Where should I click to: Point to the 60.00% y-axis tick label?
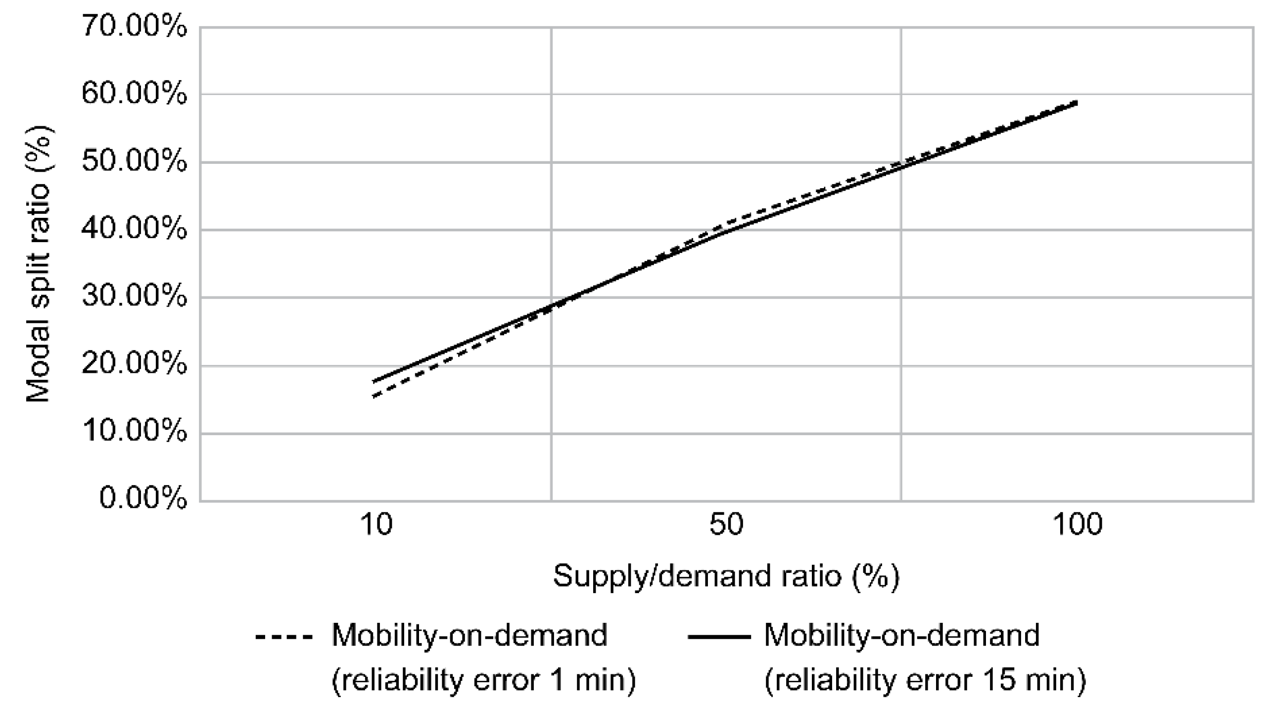134,94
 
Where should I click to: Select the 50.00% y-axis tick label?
134,161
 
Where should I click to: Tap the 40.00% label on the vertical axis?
134,229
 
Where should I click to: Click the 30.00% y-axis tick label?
134,297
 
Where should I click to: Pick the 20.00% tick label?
134,365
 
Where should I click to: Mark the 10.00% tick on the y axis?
134,432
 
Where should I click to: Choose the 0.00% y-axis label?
143,498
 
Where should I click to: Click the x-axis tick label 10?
376,525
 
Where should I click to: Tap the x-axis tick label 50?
726,525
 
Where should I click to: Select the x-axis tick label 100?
1077,525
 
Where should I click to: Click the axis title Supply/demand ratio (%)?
726,577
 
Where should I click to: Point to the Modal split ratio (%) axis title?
38,264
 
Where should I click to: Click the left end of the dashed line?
374,396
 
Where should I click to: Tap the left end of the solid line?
374,382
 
